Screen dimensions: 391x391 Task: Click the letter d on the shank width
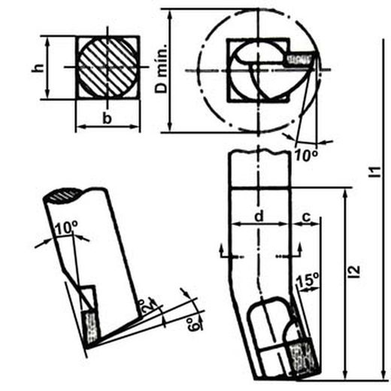click(259, 217)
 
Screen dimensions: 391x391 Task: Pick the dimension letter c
click(306, 217)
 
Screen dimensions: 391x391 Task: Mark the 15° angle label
click(308, 282)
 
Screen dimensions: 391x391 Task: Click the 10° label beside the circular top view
click(305, 155)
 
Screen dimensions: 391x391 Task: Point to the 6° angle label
click(194, 326)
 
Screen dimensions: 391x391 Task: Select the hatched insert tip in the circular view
click(301, 58)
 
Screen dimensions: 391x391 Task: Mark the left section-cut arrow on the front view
click(221, 252)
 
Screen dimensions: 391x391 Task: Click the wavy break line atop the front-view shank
click(259, 153)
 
